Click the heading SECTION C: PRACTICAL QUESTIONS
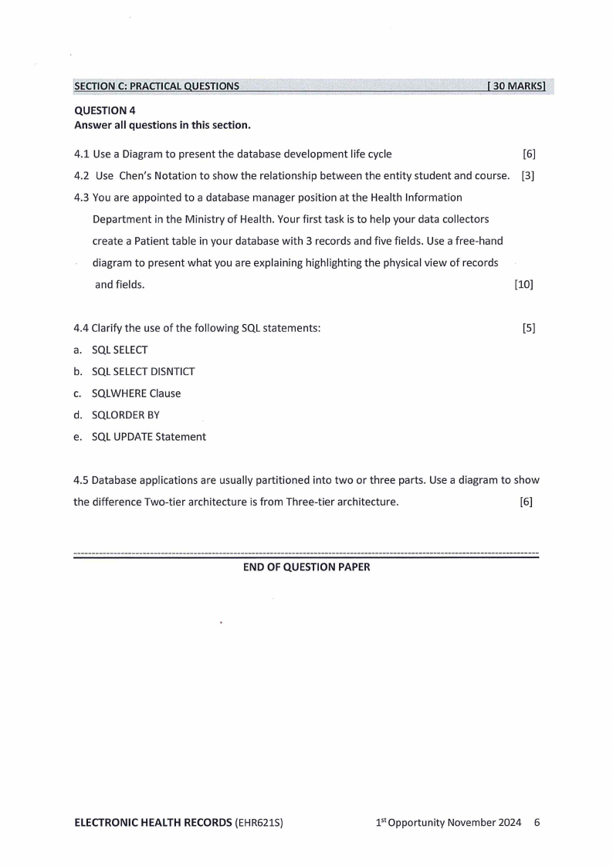pyautogui.click(x=157, y=86)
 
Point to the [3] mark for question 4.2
pyautogui.click(x=528, y=175)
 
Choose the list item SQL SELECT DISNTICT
pyautogui.click(x=143, y=371)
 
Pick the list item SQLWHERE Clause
pyautogui.click(x=136, y=393)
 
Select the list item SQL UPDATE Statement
pyautogui.click(x=148, y=436)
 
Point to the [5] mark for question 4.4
pyautogui.click(x=529, y=328)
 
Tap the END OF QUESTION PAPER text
pyautogui.click(x=306, y=567)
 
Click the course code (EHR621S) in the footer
pyautogui.click(x=259, y=822)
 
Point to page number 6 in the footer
pyautogui.click(x=537, y=822)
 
